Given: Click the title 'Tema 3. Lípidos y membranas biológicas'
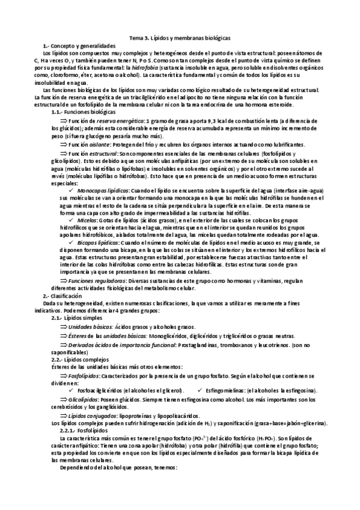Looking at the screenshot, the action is pos(180,37).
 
